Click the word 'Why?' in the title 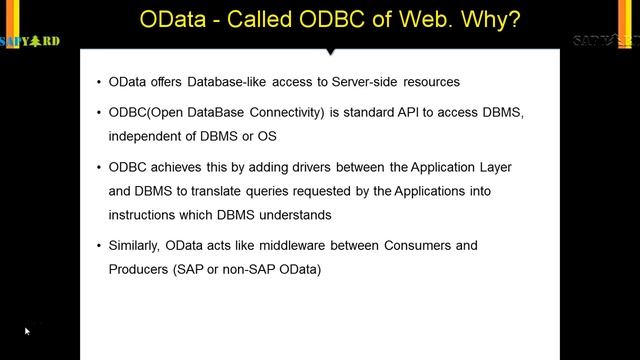tap(493, 21)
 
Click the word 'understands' tap(295, 215)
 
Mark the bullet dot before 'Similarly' tap(98, 245)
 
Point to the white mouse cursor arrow tap(27, 331)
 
